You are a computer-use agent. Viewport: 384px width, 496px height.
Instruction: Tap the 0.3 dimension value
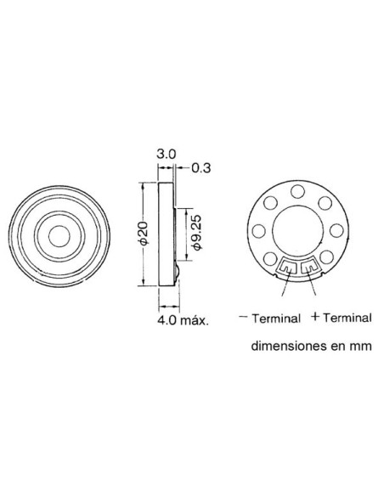click(200, 168)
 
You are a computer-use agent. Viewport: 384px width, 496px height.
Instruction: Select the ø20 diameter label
click(144, 235)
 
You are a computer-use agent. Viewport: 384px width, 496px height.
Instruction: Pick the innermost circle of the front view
click(59, 234)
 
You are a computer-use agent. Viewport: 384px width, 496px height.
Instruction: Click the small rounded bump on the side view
click(176, 273)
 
